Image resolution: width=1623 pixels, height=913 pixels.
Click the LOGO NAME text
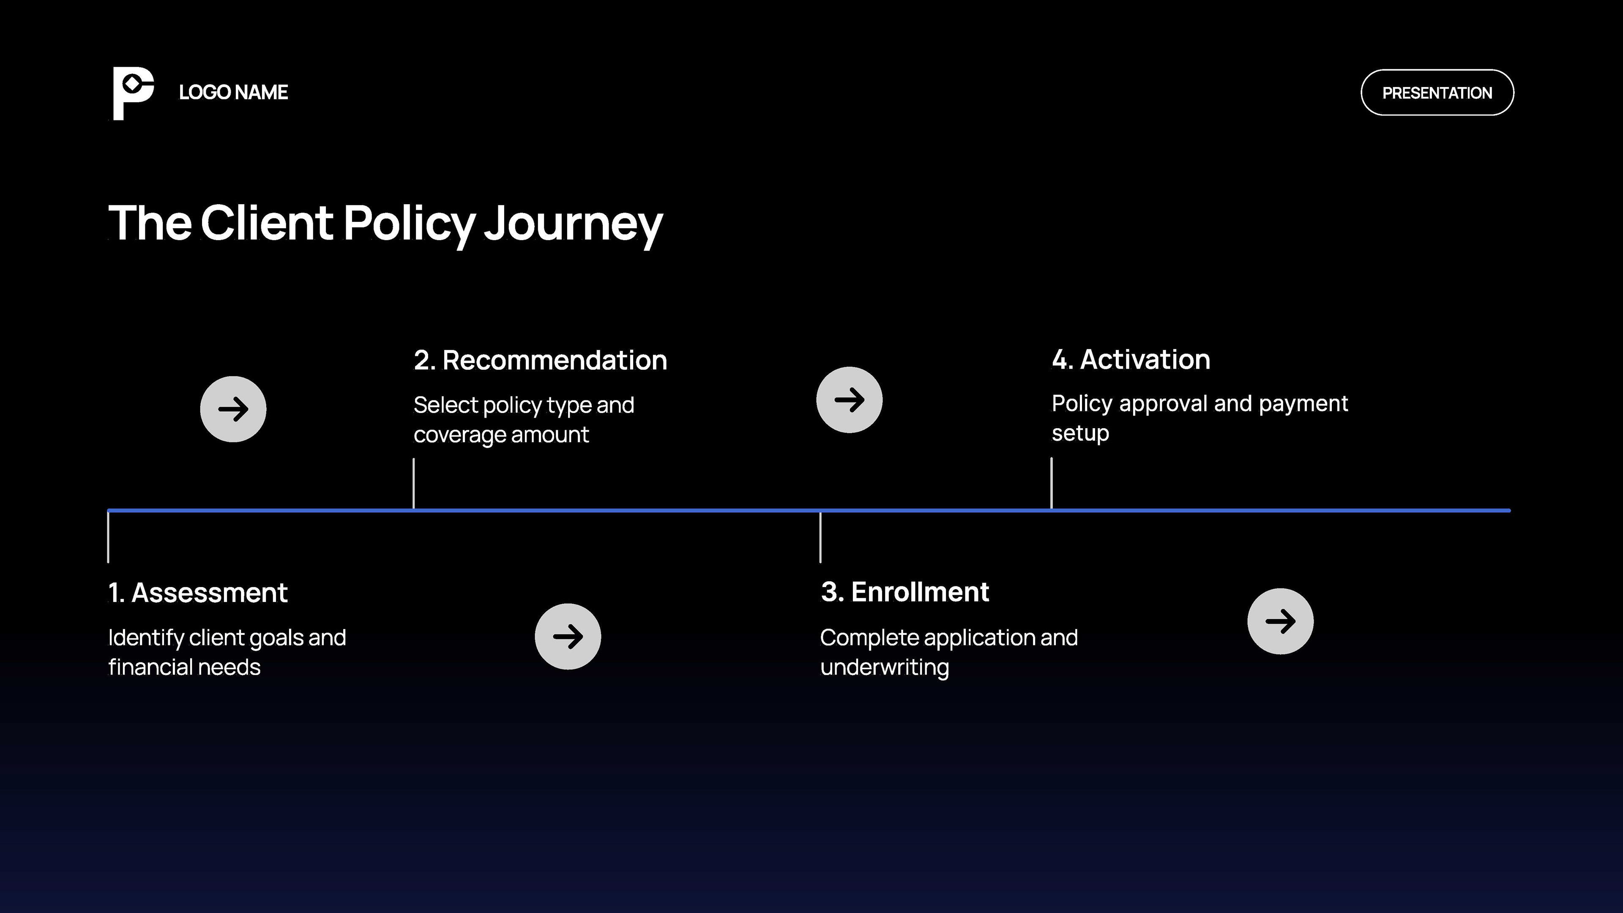[x=233, y=93]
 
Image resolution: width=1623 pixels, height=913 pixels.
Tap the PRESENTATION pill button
[x=1437, y=93]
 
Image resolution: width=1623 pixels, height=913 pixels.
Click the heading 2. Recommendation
[x=540, y=361]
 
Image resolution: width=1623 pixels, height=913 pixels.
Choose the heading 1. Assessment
[x=198, y=593]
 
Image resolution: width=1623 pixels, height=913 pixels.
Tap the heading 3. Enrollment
[x=905, y=592]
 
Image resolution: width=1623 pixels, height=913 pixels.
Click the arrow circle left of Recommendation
[x=233, y=409]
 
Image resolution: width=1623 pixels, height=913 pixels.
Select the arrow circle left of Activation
[x=849, y=399]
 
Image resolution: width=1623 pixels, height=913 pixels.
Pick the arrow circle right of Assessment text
[x=568, y=637]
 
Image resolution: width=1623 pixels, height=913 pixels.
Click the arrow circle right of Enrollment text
[x=1280, y=621]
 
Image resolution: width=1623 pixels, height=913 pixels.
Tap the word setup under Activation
[x=1080, y=434]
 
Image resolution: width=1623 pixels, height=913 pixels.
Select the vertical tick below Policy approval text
[x=1051, y=483]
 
